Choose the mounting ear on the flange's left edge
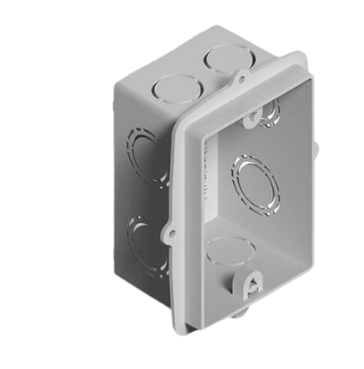point(171,228)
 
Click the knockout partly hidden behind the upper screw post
point(269,116)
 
